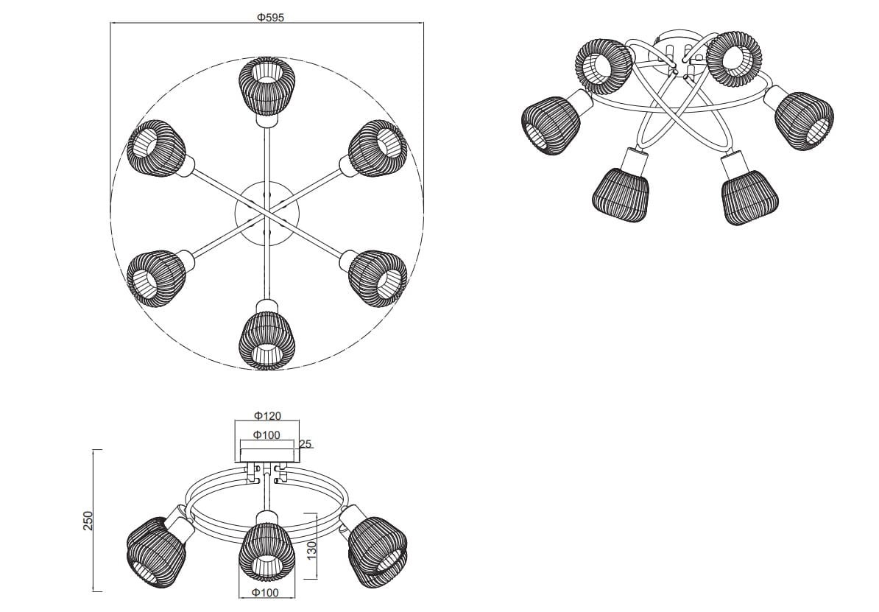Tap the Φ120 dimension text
point(267,416)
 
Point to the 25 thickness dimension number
point(306,444)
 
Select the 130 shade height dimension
point(311,548)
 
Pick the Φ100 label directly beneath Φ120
point(267,435)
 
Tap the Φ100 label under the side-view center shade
point(266,592)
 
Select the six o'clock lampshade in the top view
point(266,339)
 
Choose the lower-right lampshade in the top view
point(377,277)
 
